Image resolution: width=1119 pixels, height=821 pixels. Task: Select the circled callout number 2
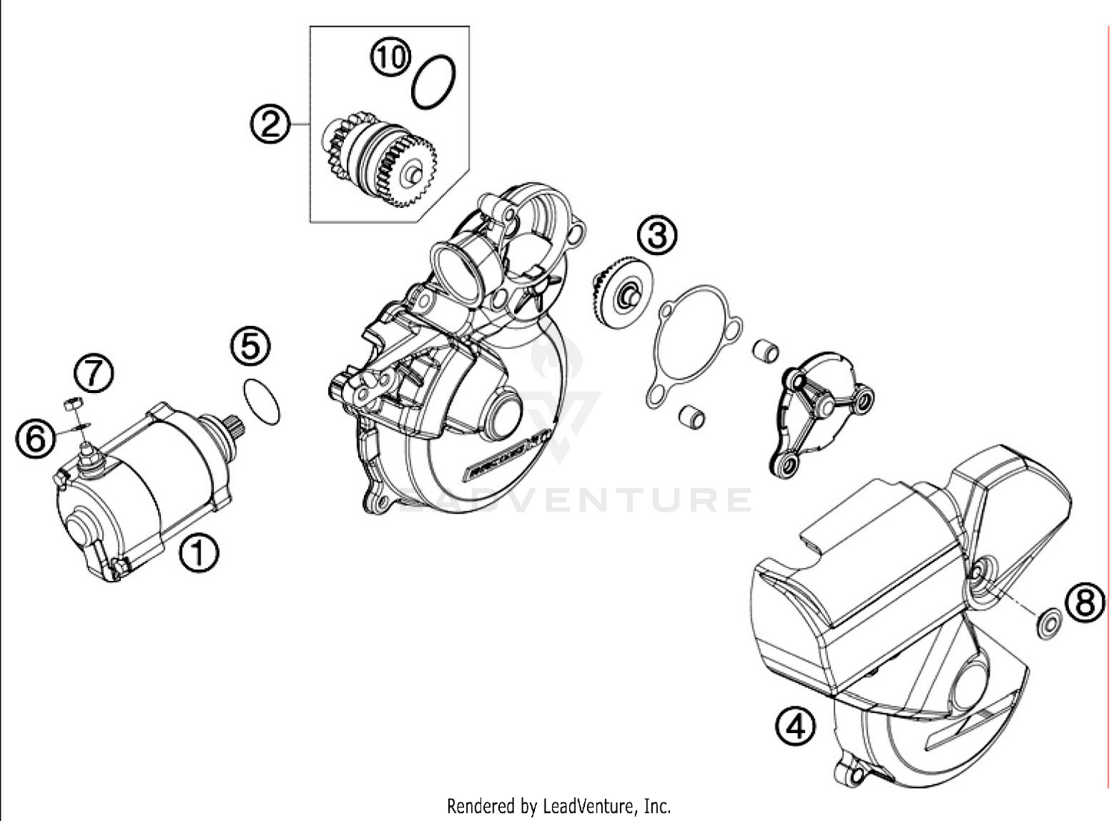click(x=269, y=124)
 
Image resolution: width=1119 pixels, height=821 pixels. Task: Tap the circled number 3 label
click(x=656, y=235)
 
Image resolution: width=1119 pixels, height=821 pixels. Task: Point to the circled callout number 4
click(x=794, y=725)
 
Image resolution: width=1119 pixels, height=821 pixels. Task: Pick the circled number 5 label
click(x=250, y=346)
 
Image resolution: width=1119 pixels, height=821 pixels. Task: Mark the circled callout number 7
click(x=93, y=374)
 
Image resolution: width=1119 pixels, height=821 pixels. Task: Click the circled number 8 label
click(x=1085, y=601)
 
